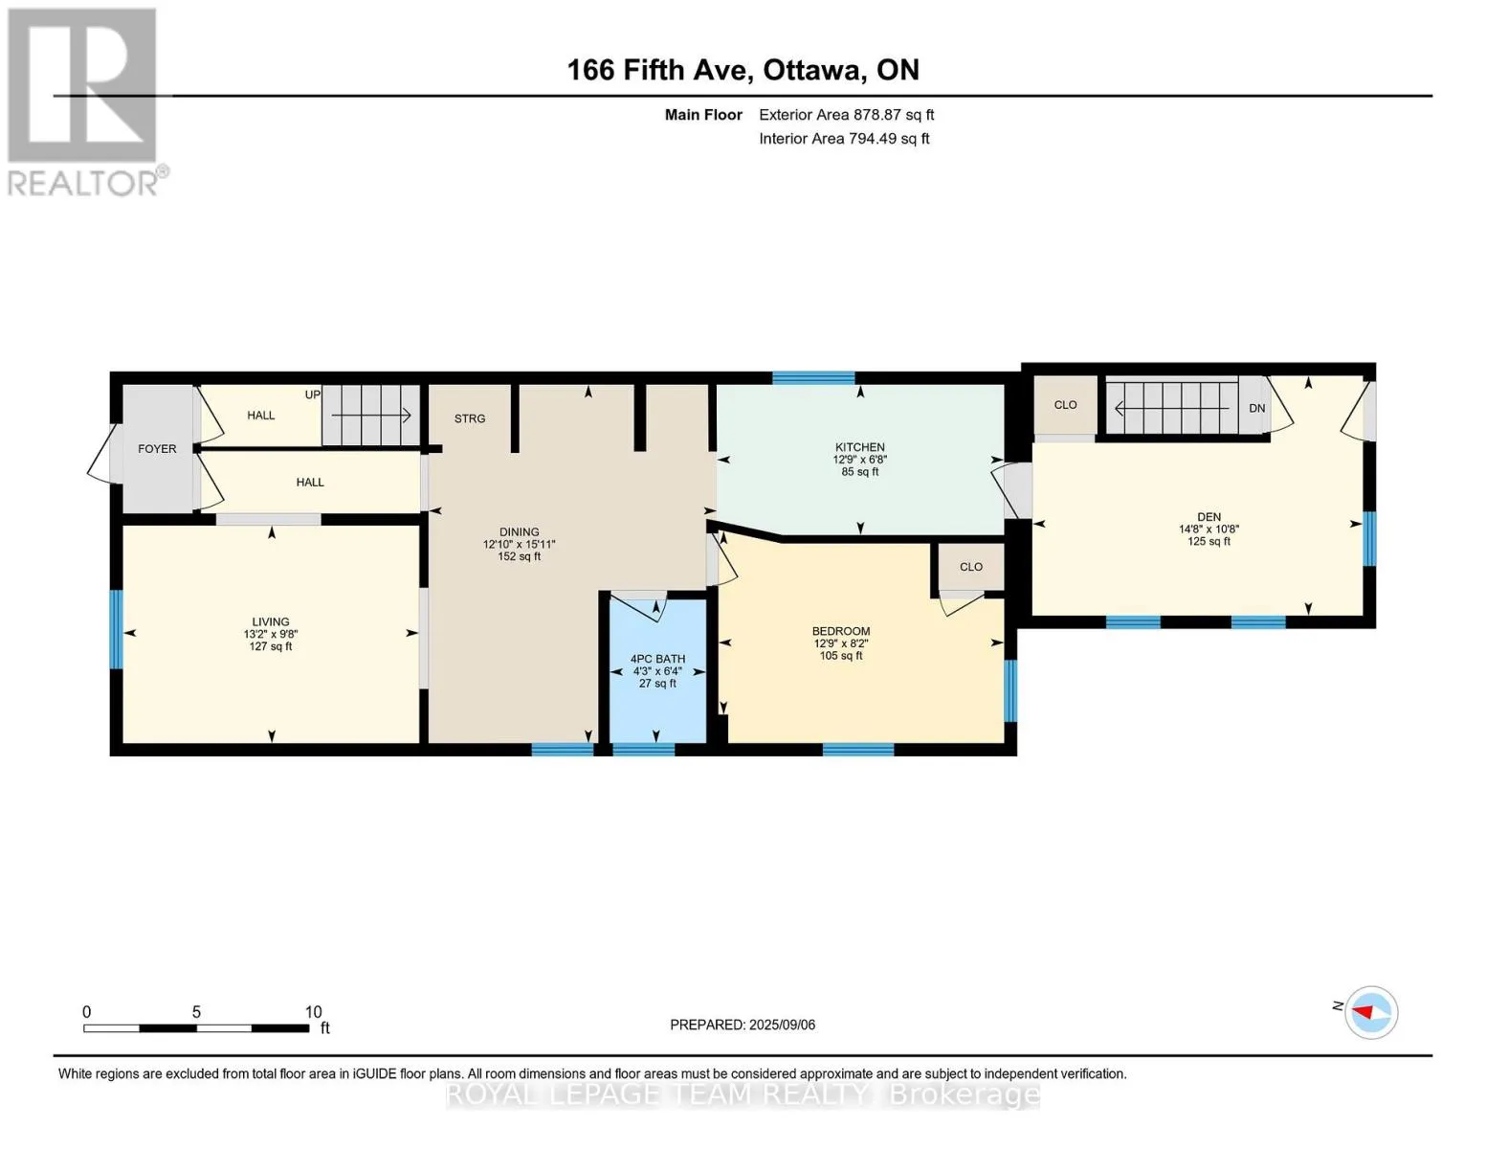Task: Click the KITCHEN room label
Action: [859, 447]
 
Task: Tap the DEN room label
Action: [1209, 517]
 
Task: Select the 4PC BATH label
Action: [657, 659]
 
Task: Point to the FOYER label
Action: [157, 449]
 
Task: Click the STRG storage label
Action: [470, 418]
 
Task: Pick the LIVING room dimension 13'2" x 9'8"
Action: [271, 635]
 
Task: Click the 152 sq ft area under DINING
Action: [519, 556]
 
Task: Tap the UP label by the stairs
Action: [313, 394]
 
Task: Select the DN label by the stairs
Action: [1257, 408]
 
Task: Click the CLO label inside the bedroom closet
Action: [971, 567]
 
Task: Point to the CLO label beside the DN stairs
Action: [1065, 404]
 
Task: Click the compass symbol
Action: [1370, 1013]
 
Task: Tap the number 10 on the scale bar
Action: [313, 1011]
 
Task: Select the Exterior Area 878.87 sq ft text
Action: [847, 115]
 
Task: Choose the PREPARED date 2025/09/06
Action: [782, 1025]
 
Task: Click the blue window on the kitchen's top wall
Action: [813, 378]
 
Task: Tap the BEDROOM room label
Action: [841, 631]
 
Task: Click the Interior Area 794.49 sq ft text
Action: [844, 139]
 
